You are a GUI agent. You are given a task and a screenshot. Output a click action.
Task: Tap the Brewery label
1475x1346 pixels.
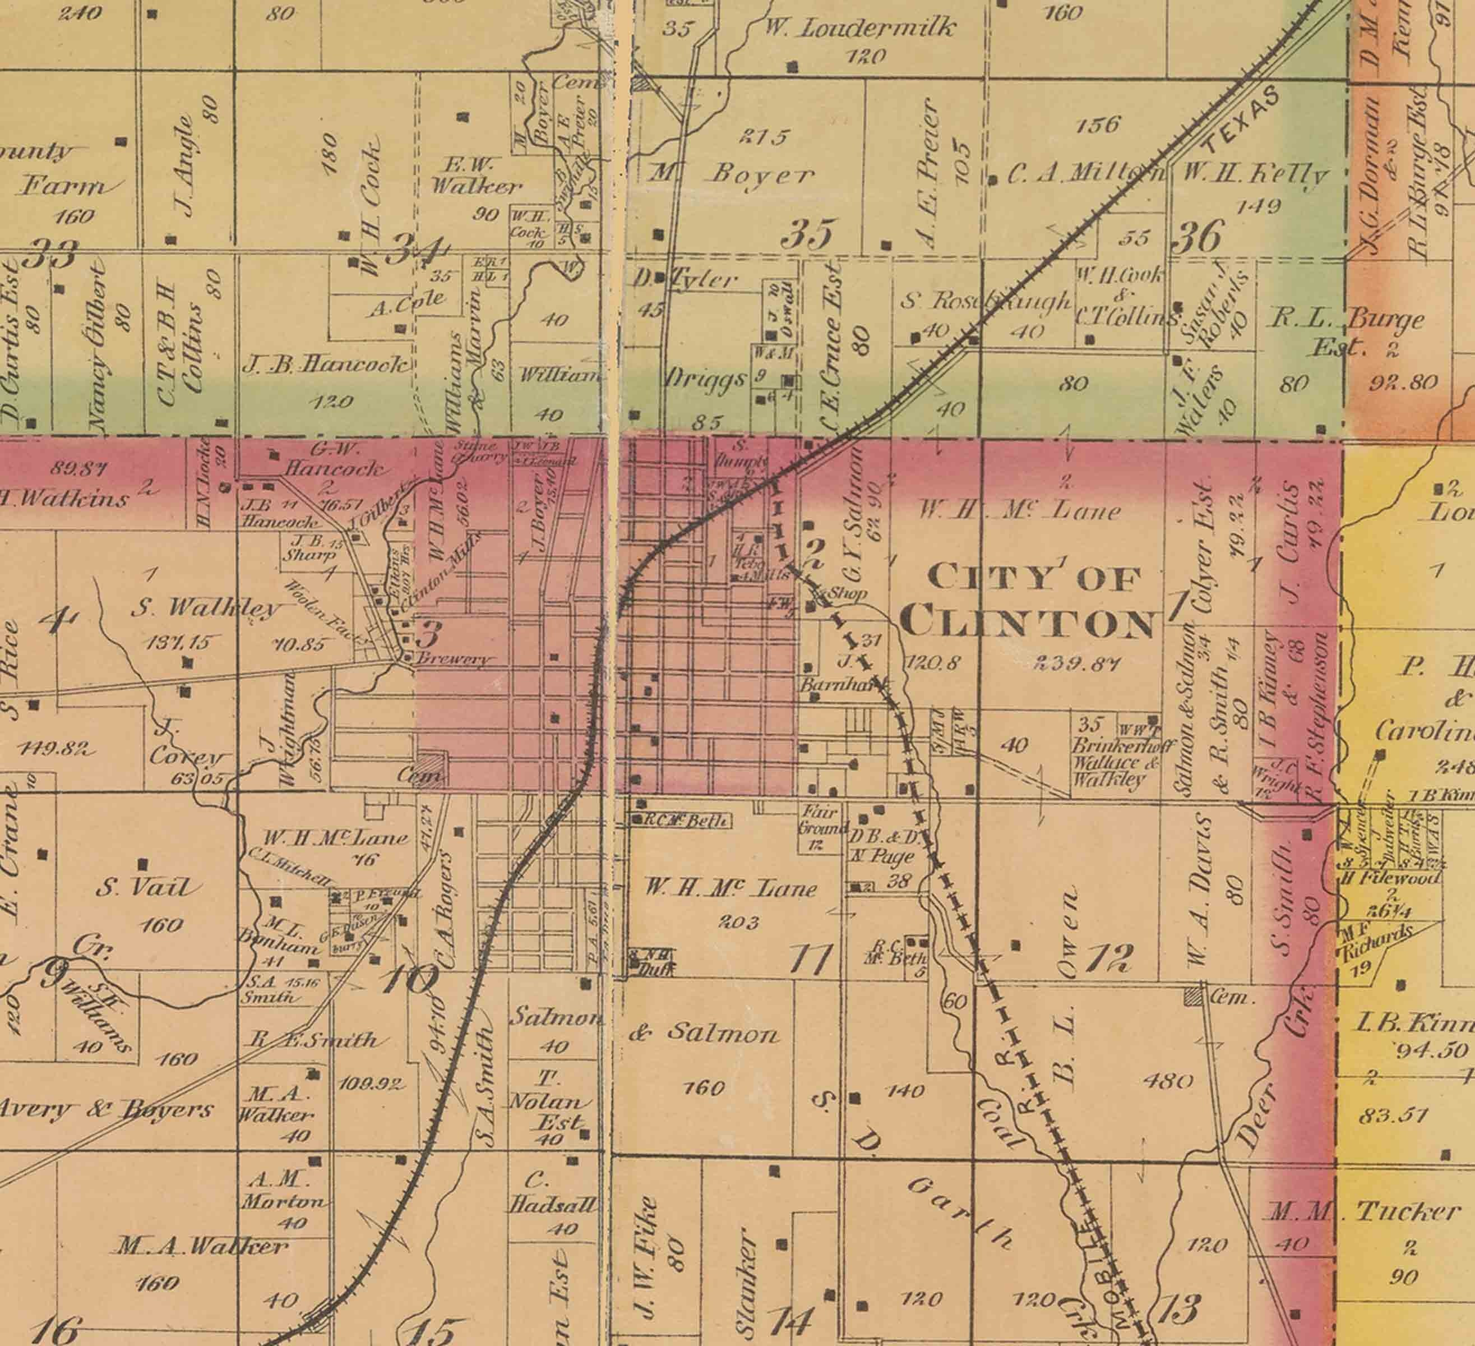pos(452,659)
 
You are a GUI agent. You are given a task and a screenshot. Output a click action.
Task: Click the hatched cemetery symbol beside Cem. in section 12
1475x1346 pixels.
pos(1194,995)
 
